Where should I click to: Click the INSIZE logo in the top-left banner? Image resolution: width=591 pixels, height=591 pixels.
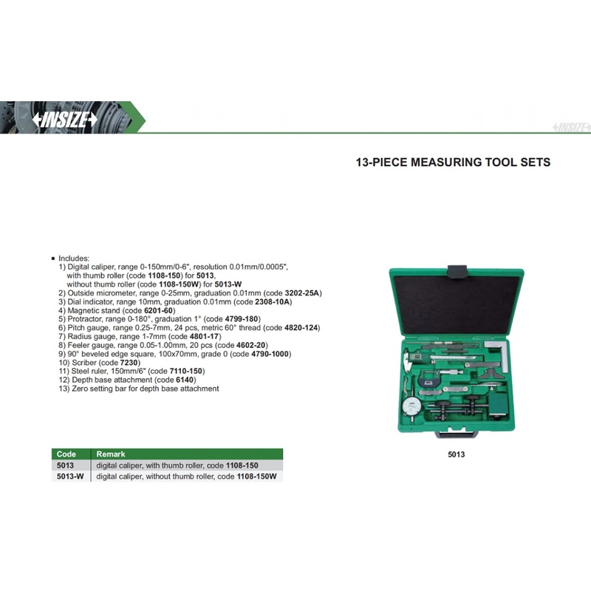click(x=64, y=120)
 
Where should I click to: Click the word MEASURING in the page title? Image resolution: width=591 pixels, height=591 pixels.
click(x=446, y=163)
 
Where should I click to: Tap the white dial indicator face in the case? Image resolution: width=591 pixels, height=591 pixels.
click(x=411, y=407)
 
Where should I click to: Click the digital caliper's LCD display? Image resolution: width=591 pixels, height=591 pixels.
click(x=416, y=356)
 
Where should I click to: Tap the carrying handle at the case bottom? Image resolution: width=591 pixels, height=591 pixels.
click(x=457, y=434)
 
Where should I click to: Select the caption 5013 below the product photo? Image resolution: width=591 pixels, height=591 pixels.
click(x=456, y=454)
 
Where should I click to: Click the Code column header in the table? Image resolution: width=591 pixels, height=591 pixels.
click(x=66, y=454)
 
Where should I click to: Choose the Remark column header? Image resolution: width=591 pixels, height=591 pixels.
click(x=110, y=454)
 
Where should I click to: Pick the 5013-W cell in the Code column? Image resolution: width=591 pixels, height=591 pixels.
click(x=70, y=476)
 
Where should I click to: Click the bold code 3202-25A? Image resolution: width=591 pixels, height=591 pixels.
click(x=302, y=293)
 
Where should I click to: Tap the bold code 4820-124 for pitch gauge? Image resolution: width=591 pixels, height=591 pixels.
click(x=301, y=328)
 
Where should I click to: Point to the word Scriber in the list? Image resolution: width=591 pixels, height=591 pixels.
click(x=84, y=363)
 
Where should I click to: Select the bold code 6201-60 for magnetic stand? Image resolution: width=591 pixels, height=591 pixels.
click(x=158, y=310)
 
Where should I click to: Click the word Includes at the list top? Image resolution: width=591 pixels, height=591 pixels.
click(x=73, y=259)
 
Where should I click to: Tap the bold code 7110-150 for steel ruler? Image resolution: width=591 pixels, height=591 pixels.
click(x=186, y=372)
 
